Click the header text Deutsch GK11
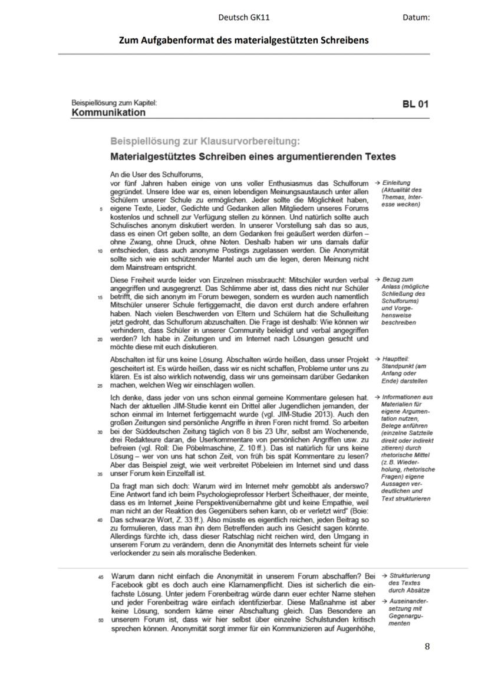point(244,18)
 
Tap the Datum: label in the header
point(416,18)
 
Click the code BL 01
point(415,104)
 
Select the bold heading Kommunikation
point(108,112)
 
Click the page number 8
point(427,646)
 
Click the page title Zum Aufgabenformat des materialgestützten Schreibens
point(244,40)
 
